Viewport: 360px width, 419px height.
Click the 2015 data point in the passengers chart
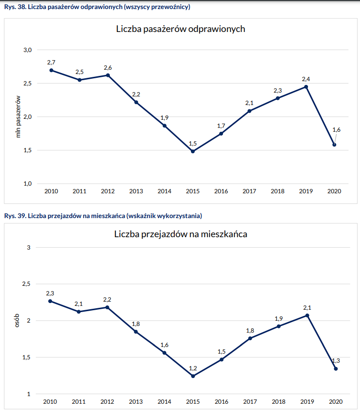pos(193,151)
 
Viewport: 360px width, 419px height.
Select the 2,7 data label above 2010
pos(51,63)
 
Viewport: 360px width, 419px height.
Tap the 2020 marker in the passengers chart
pos(334,145)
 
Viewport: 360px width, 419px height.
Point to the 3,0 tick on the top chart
pos(27,50)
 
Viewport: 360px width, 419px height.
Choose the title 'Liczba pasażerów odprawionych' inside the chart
pos(180,29)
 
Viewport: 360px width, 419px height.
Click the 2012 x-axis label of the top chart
pos(107,191)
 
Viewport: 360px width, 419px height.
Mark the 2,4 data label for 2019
pos(306,79)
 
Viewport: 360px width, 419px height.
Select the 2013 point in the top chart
pos(136,102)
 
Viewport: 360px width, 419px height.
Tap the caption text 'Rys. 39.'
pos(15,216)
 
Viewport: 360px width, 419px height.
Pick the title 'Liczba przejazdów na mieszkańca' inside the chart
pos(180,234)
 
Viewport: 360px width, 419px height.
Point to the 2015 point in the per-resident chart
pos(193,376)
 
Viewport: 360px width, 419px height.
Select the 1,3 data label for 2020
pos(336,361)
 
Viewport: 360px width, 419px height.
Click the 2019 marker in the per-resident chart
pos(307,315)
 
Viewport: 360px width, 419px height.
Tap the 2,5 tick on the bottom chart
pos(26,284)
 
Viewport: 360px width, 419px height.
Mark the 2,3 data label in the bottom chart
pos(51,293)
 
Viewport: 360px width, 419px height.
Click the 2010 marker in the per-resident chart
pos(51,301)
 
